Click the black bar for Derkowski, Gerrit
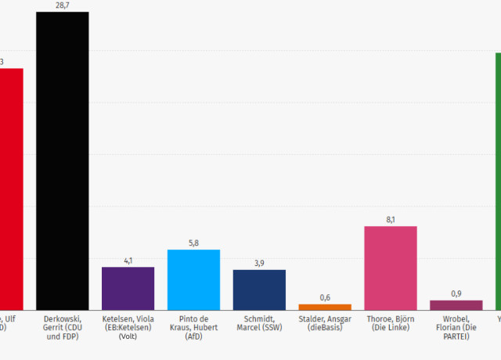(x=63, y=160)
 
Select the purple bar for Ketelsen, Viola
(x=128, y=288)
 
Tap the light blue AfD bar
(x=193, y=279)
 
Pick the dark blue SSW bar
(x=259, y=290)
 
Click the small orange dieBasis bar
(x=325, y=307)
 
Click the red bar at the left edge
(x=11, y=188)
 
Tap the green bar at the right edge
(x=498, y=180)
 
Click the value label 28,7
(x=63, y=5)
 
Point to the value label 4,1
(x=128, y=261)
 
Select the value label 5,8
(x=193, y=243)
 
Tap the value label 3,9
(x=259, y=263)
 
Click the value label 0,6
(x=325, y=297)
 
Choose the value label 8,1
(x=391, y=220)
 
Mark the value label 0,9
(x=456, y=293)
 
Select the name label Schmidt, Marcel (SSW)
(x=259, y=323)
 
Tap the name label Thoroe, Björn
(x=391, y=323)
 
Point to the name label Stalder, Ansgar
(x=325, y=323)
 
